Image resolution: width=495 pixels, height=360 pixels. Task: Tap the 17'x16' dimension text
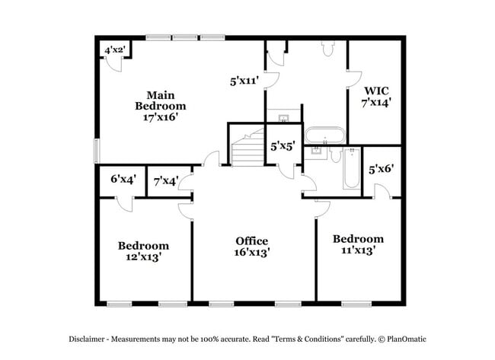[x=161, y=118]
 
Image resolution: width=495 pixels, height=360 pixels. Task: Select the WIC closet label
[x=376, y=90]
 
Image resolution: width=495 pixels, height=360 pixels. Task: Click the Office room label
[x=251, y=241]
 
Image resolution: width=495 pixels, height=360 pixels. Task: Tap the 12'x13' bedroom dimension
[x=143, y=257]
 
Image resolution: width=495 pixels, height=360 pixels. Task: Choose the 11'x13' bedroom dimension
[x=358, y=250]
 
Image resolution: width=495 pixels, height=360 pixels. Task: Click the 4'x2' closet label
[x=115, y=50]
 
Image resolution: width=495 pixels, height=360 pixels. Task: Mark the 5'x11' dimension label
[x=244, y=78]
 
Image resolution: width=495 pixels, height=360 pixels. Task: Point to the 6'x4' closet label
[x=123, y=180]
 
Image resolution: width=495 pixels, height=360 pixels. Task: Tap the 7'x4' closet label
[x=166, y=181]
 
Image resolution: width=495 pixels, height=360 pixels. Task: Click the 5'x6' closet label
[x=381, y=170]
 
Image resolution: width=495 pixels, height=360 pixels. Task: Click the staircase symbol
[x=245, y=148]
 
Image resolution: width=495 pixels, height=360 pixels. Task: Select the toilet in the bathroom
[x=328, y=49]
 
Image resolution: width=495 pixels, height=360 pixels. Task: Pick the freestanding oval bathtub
[x=325, y=136]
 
